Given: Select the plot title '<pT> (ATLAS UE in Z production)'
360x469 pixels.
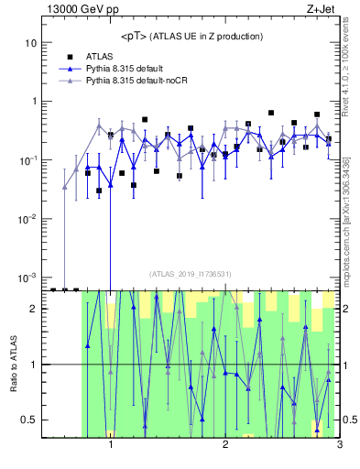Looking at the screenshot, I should (x=191, y=36).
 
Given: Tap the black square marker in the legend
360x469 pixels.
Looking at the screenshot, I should (x=70, y=56).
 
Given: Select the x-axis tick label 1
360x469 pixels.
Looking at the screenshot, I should (x=111, y=447).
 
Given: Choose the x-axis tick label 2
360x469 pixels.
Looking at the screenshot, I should (x=225, y=447).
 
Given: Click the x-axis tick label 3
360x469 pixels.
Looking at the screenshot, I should (x=339, y=447).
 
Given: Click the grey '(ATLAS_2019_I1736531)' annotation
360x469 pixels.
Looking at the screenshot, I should (x=191, y=274).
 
